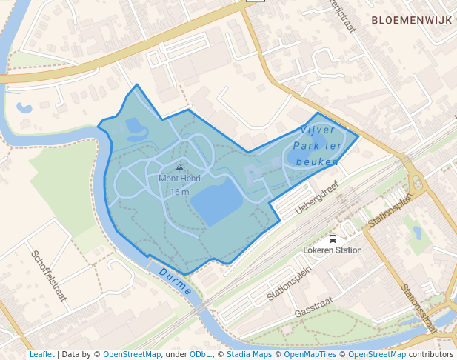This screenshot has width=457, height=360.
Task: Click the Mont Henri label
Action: (x=179, y=179)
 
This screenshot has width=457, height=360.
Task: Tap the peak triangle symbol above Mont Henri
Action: (x=179, y=167)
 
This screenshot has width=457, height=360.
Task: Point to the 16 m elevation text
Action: (x=179, y=192)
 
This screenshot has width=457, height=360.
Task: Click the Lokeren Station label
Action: (x=333, y=250)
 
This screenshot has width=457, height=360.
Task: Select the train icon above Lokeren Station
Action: (x=333, y=239)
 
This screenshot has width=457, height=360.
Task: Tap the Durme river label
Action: (x=175, y=282)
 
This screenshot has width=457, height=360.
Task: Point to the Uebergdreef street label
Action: (x=316, y=199)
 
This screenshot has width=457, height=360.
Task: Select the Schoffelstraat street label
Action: (x=48, y=275)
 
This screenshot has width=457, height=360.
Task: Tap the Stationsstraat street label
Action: (x=420, y=307)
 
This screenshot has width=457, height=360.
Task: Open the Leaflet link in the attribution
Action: (x=41, y=354)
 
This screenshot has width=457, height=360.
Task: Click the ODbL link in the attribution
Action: (x=200, y=354)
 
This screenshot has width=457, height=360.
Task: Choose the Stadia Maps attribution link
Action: (x=249, y=354)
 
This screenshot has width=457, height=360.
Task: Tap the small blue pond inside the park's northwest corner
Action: (x=137, y=126)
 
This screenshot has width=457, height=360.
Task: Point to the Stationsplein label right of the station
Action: (x=390, y=210)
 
